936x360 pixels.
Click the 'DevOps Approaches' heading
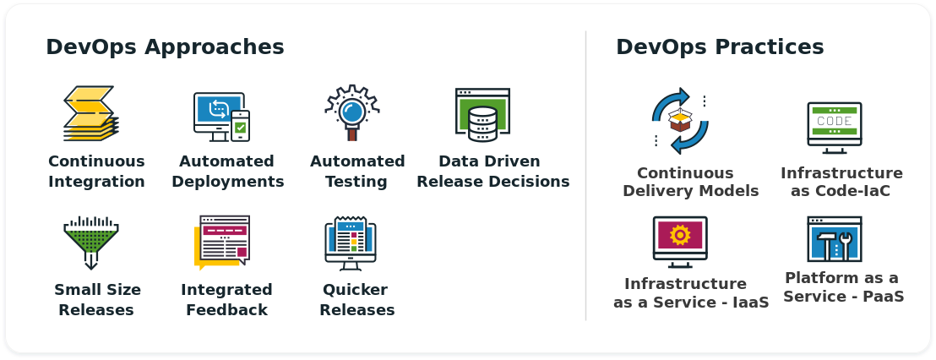(165, 47)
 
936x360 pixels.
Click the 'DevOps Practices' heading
(720, 47)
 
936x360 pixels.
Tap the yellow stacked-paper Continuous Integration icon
(90, 113)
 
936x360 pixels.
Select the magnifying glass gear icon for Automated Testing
(352, 112)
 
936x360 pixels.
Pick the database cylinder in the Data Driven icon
(482, 123)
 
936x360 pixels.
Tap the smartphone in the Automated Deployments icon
(240, 126)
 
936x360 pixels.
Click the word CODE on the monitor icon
(834, 121)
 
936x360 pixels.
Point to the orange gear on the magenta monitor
(680, 235)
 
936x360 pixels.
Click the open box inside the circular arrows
(680, 119)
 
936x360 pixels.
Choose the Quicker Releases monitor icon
(351, 243)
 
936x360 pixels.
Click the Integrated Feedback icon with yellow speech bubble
(221, 243)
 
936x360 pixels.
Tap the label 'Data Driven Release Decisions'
(493, 172)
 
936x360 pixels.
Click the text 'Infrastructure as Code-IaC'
(841, 182)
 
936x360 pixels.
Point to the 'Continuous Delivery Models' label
(691, 182)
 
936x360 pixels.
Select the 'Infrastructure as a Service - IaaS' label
(691, 292)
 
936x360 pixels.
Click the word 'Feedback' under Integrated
(227, 310)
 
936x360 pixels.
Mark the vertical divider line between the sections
(585, 176)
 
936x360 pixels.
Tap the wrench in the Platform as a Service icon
(845, 245)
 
